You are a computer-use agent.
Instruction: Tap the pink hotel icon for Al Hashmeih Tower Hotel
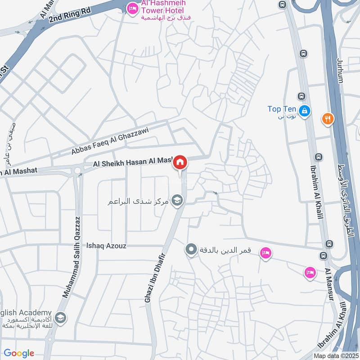pos(132,9)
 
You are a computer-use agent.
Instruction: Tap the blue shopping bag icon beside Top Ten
pos(305,110)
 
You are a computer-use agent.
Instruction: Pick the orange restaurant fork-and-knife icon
pos(327,119)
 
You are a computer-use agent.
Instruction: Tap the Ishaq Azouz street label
pos(107,246)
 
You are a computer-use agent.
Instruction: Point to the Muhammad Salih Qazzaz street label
pos(72,257)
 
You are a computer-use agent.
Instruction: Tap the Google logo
pos(19,353)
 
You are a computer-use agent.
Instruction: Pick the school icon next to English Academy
pos(60,318)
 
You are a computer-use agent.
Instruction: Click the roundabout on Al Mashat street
pos(77,171)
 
